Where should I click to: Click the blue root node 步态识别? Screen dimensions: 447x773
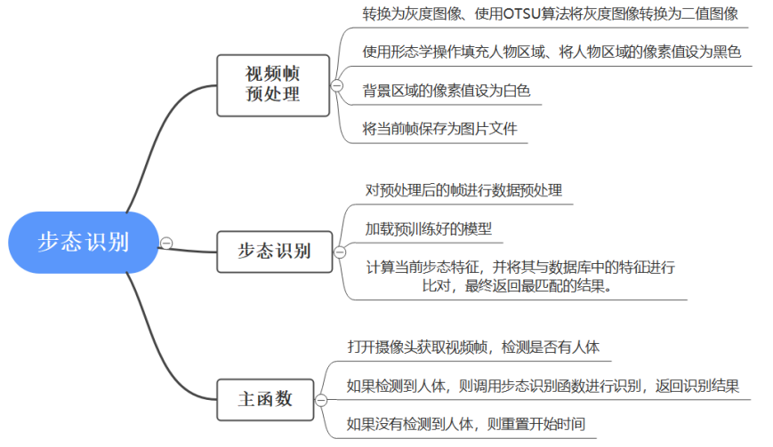click(x=83, y=243)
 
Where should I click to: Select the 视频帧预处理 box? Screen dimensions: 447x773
click(x=273, y=84)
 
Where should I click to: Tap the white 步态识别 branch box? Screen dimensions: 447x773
click(x=273, y=251)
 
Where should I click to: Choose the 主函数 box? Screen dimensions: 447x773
click(x=265, y=399)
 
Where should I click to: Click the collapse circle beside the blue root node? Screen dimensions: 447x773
click(x=166, y=243)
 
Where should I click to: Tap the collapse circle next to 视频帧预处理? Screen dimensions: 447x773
click(x=337, y=85)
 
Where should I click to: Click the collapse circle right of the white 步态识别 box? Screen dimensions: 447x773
click(x=338, y=251)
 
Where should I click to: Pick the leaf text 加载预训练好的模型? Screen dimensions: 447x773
click(x=428, y=228)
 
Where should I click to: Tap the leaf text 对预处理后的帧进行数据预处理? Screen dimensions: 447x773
click(x=463, y=190)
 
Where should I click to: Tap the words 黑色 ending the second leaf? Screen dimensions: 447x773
click(x=727, y=52)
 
